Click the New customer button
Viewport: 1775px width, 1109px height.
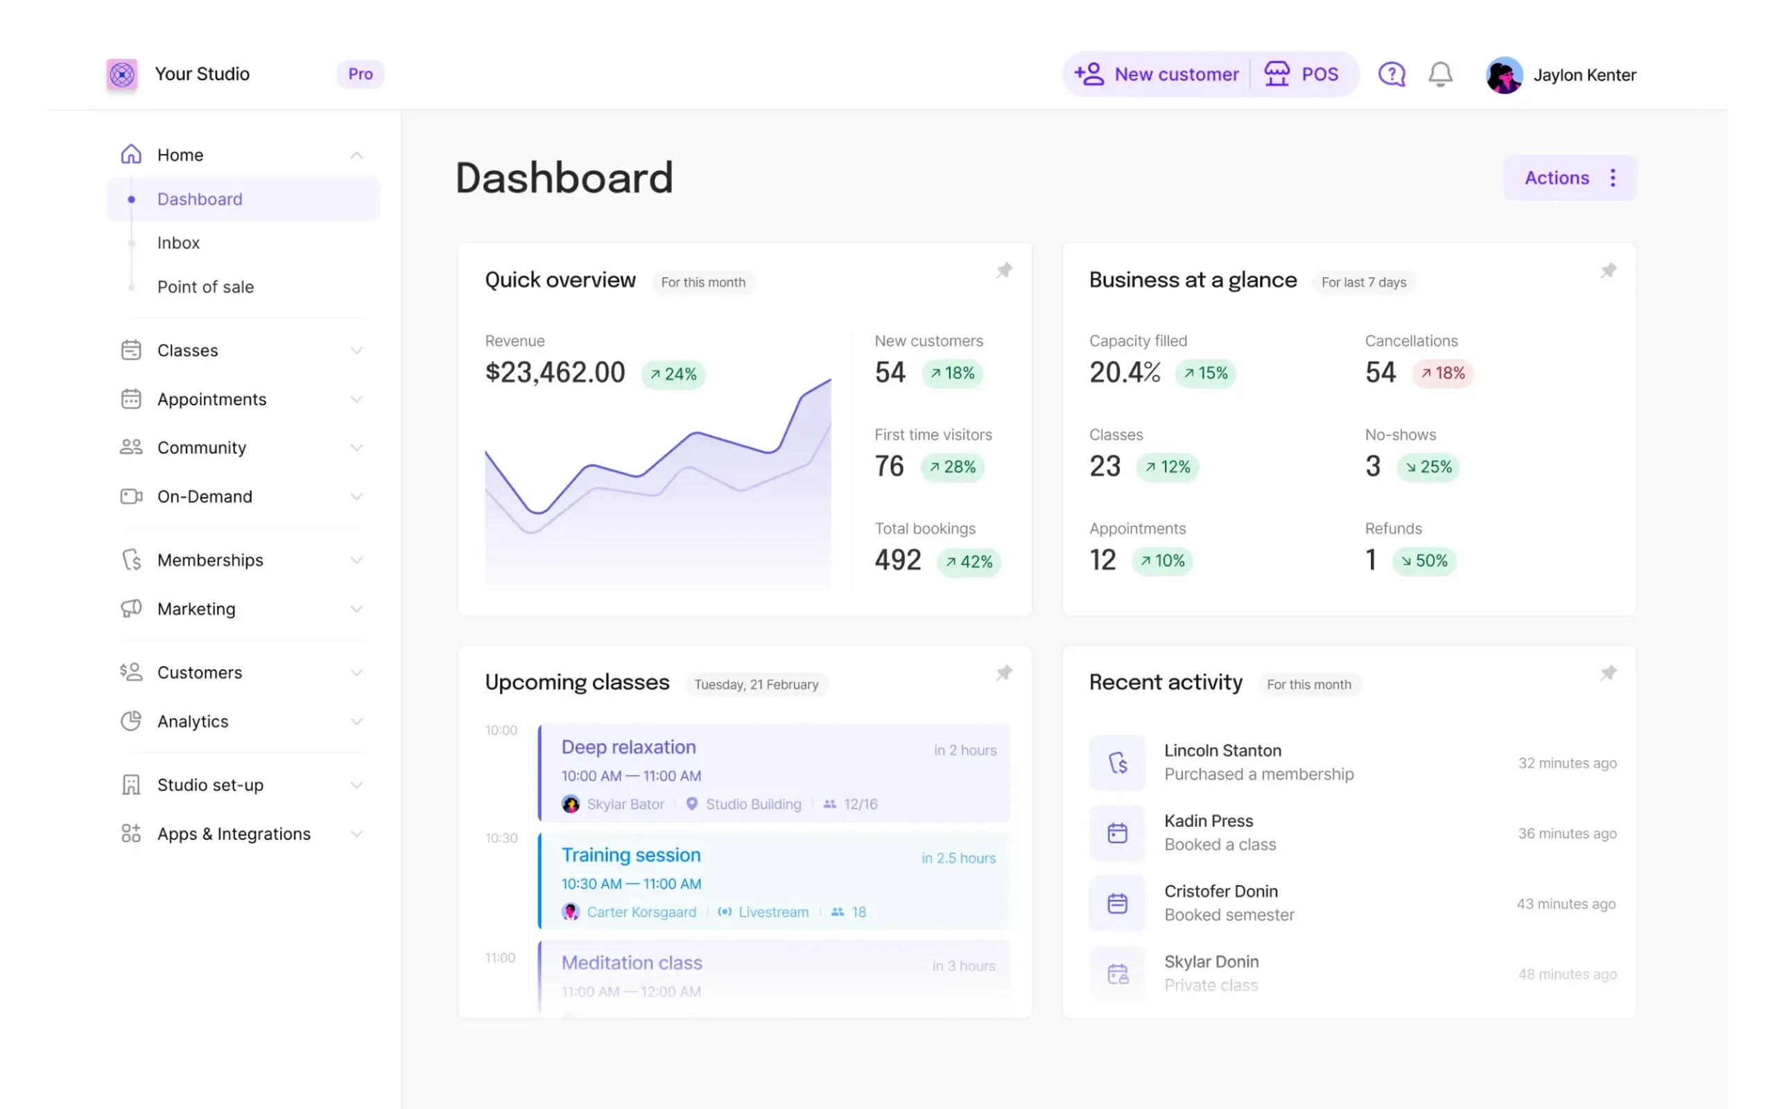pyautogui.click(x=1156, y=74)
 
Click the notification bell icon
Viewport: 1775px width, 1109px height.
pyautogui.click(x=1440, y=74)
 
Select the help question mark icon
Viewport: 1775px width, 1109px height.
pyautogui.click(x=1392, y=74)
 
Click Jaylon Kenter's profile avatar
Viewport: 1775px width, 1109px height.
pyautogui.click(x=1504, y=75)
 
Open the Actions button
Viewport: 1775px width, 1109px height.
pyautogui.click(x=1570, y=177)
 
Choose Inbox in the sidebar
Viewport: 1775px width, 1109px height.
pyautogui.click(x=178, y=243)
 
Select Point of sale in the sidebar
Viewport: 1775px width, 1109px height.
pyautogui.click(x=205, y=287)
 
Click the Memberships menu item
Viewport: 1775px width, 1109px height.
pyautogui.click(x=210, y=560)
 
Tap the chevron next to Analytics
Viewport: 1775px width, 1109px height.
pyautogui.click(x=356, y=722)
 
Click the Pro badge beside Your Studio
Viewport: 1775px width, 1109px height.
pyautogui.click(x=360, y=74)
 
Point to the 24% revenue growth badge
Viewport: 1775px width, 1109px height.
pyautogui.click(x=673, y=374)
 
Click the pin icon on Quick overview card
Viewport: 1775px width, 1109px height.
pyautogui.click(x=1004, y=270)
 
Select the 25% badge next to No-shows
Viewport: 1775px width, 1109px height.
pyautogui.click(x=1428, y=467)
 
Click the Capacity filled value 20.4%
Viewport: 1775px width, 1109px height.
pyautogui.click(x=1125, y=373)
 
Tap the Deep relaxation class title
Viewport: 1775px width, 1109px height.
pyautogui.click(x=629, y=747)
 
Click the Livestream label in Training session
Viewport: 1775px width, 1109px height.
pyautogui.click(x=773, y=912)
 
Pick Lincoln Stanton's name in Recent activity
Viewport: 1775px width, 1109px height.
pyautogui.click(x=1222, y=751)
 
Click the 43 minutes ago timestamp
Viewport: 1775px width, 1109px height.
pyautogui.click(x=1566, y=905)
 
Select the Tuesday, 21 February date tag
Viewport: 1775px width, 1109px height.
pyautogui.click(x=756, y=685)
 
